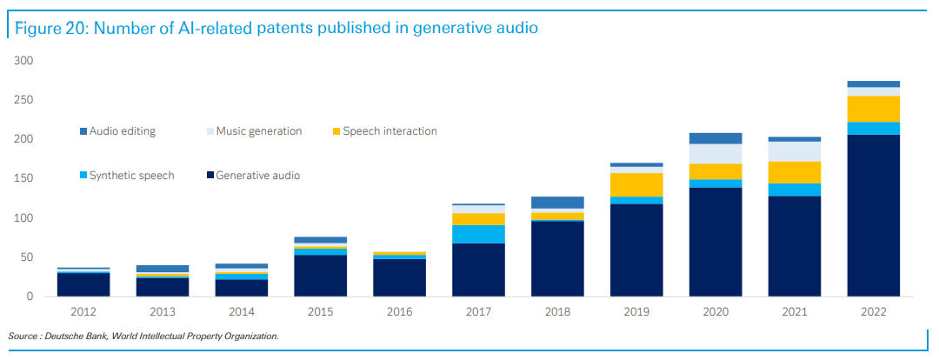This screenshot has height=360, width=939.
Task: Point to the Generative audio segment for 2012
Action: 84,284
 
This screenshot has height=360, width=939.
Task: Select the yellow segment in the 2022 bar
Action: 874,109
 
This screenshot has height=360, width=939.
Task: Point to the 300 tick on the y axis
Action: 23,61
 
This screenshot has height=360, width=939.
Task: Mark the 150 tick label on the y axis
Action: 23,179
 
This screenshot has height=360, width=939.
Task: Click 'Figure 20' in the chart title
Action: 48,28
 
